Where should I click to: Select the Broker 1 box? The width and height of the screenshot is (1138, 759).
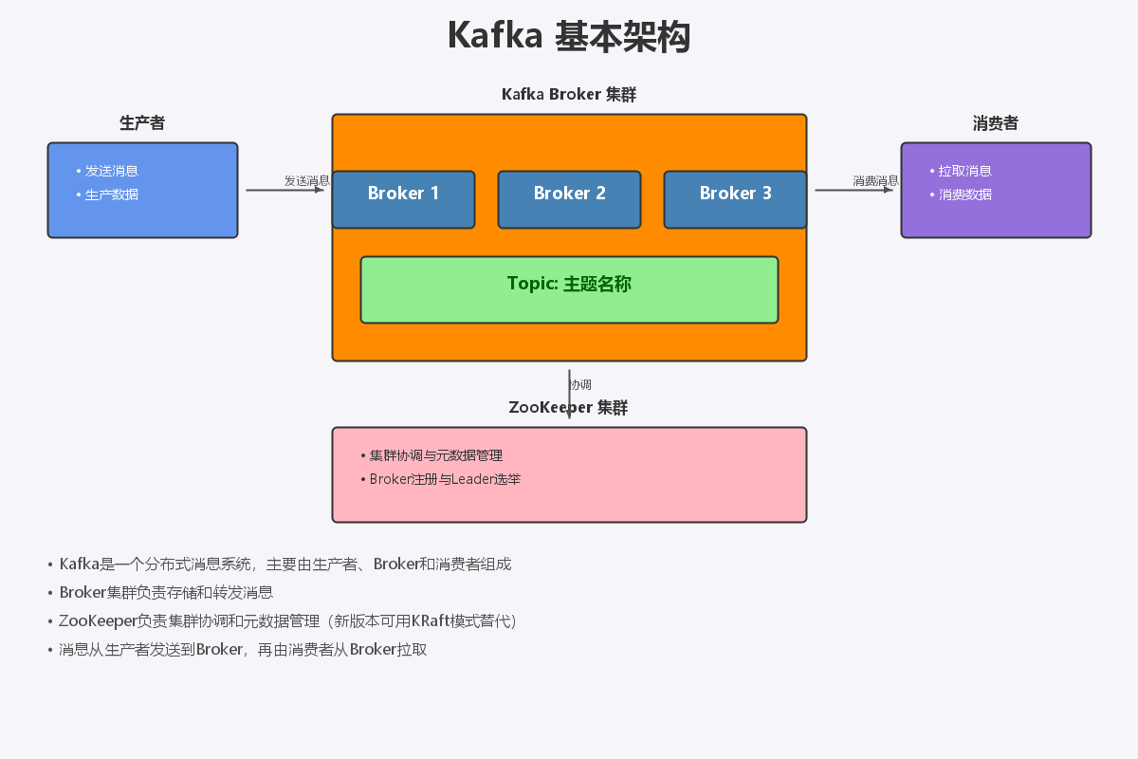point(403,199)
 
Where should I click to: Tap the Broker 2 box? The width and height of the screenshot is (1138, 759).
point(569,199)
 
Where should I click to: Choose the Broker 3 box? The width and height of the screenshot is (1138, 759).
point(735,199)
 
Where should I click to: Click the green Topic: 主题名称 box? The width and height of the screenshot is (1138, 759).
point(569,289)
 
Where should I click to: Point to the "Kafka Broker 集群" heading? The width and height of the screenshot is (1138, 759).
point(569,95)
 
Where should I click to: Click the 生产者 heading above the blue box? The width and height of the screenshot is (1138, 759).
point(142,123)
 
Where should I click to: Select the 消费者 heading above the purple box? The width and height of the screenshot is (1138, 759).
point(996,123)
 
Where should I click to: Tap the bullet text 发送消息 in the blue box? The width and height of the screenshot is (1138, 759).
point(112,171)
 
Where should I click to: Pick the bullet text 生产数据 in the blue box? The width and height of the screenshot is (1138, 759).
point(112,194)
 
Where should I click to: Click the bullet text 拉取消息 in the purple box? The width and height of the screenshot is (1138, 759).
point(965,171)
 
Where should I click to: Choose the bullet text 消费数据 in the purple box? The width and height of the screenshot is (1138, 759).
point(965,194)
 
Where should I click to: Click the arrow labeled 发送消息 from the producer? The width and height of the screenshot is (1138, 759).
point(284,190)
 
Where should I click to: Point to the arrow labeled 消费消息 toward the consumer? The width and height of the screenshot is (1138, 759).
point(853,190)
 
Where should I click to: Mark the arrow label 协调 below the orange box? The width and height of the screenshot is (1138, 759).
point(580,384)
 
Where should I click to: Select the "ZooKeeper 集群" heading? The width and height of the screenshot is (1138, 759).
point(569,408)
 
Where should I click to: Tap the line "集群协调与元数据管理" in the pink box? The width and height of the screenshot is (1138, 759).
point(436,455)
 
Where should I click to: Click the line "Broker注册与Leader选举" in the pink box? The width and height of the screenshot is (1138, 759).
point(445,479)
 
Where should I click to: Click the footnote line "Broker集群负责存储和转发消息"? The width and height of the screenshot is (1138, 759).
point(166,592)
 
